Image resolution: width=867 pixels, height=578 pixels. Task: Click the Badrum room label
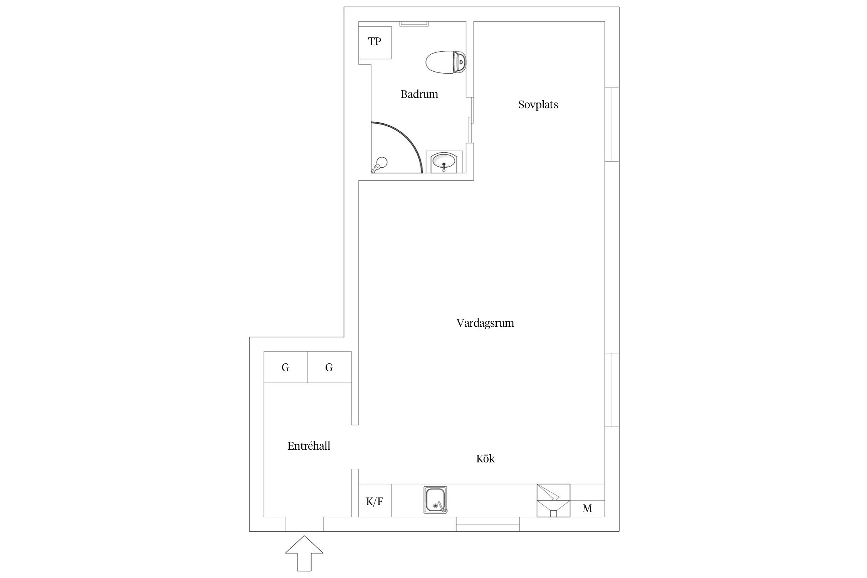[x=419, y=94]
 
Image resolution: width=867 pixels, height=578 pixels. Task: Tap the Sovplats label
[x=538, y=105]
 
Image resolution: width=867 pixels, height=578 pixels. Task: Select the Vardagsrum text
[x=485, y=323]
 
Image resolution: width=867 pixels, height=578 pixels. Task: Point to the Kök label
[x=486, y=459]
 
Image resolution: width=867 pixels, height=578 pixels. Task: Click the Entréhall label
[x=309, y=446]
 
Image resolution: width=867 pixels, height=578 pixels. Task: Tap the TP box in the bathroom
[x=375, y=42]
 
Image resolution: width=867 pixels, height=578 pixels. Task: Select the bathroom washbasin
[x=444, y=162]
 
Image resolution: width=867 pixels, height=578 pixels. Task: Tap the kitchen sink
[x=435, y=500]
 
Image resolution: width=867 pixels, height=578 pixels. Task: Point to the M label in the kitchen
[x=587, y=509]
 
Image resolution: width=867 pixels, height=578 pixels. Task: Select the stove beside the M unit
[x=553, y=500]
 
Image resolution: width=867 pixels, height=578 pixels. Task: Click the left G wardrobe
[x=286, y=367]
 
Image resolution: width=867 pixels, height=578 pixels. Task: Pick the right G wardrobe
[x=329, y=367]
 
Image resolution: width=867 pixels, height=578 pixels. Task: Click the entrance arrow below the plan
[x=304, y=553]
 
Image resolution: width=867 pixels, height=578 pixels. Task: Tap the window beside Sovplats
[x=612, y=124]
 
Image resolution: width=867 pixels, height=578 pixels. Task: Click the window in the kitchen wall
[x=488, y=524]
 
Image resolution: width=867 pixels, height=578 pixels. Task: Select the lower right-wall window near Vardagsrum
[x=612, y=390]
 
